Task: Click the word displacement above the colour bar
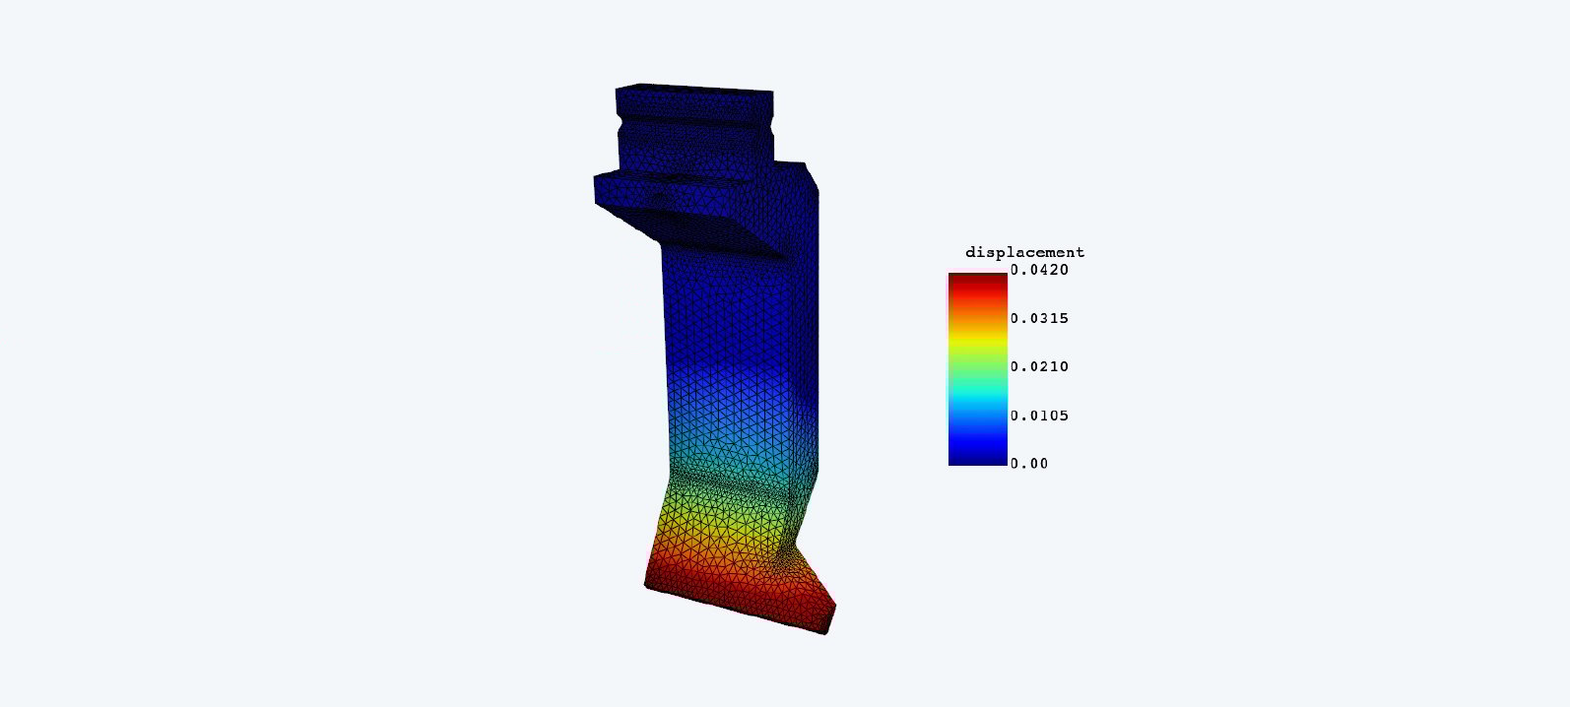pyautogui.click(x=1024, y=252)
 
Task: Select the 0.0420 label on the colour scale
pyautogui.click(x=1039, y=270)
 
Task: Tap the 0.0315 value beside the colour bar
pyautogui.click(x=1039, y=318)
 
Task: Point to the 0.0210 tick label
pyautogui.click(x=1039, y=366)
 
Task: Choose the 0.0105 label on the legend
pyautogui.click(x=1039, y=416)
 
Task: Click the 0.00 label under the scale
pyautogui.click(x=1029, y=463)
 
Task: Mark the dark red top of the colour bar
pyautogui.click(x=978, y=281)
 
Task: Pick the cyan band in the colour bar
pyautogui.click(x=978, y=397)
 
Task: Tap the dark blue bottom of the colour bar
pyautogui.click(x=978, y=456)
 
